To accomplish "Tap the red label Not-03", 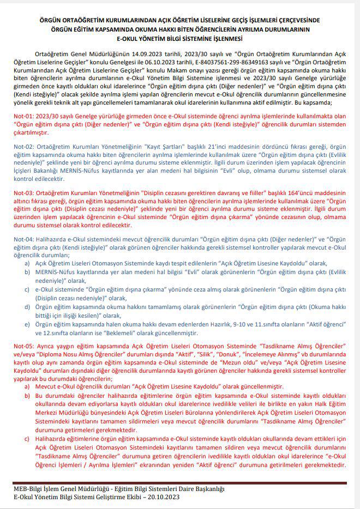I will [22, 193].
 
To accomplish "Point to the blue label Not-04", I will [22, 239].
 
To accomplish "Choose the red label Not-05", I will [22, 346].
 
